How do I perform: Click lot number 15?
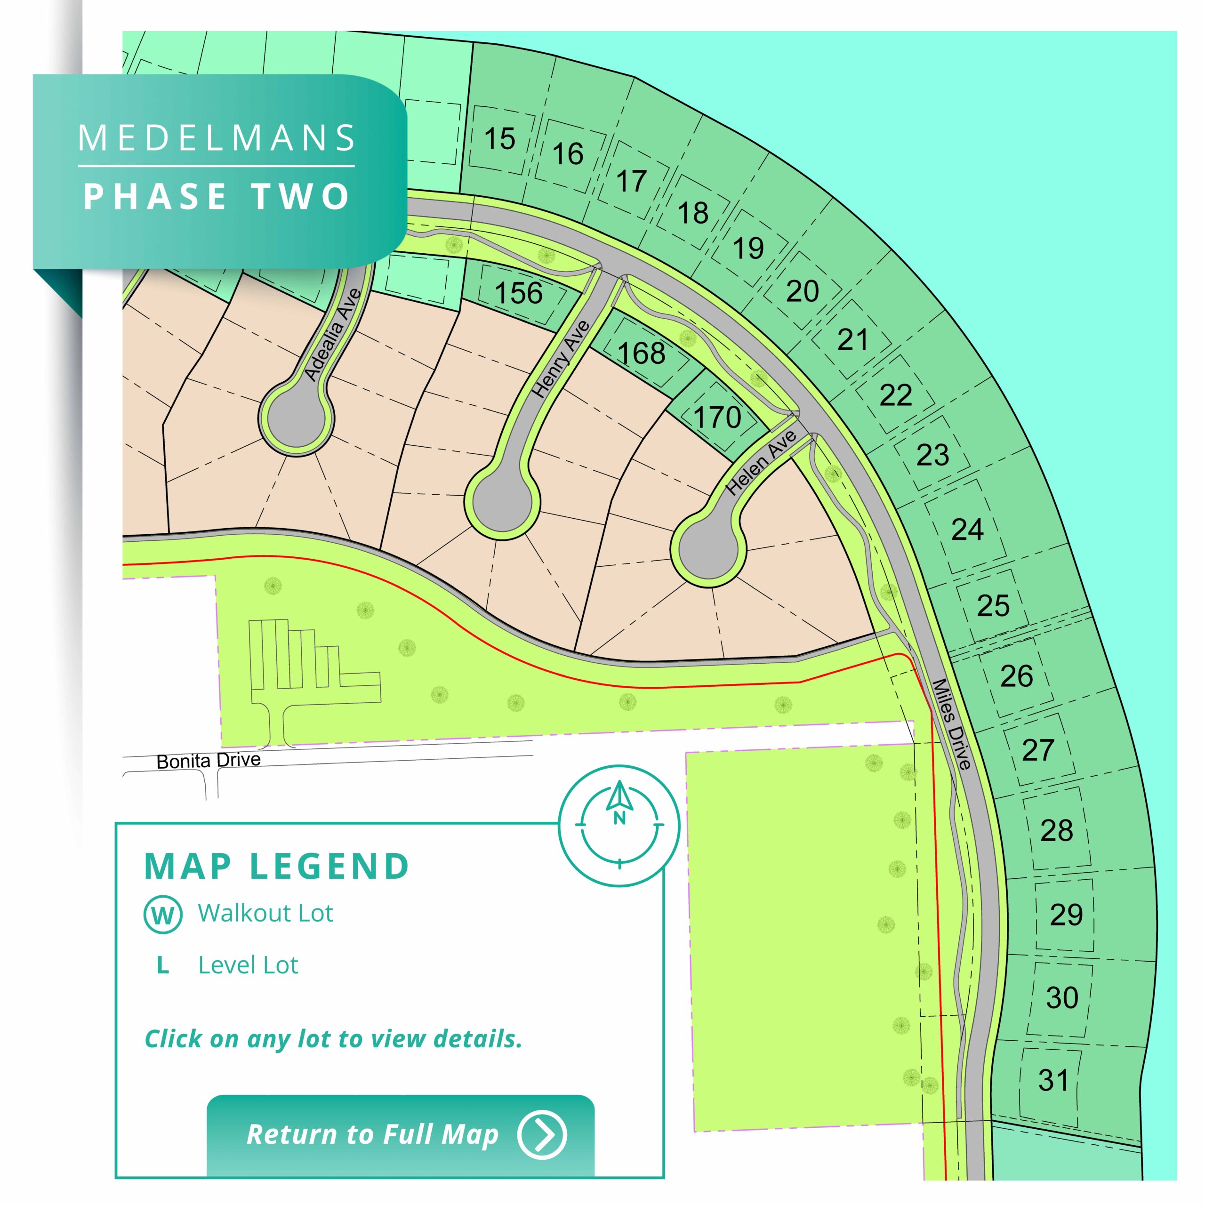coord(499,138)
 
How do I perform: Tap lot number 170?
coord(717,417)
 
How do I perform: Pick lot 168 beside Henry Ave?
coord(642,353)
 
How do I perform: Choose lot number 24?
coord(967,530)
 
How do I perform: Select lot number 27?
coord(1038,750)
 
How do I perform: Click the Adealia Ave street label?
coord(332,335)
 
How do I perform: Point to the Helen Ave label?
coord(762,463)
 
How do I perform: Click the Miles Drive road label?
coord(952,724)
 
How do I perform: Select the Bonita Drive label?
coord(209,761)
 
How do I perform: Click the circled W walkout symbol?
coord(163,915)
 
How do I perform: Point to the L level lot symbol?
coord(163,965)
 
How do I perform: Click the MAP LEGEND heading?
coord(276,866)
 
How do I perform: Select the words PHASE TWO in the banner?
coord(217,196)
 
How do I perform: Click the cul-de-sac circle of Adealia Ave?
coord(296,418)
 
